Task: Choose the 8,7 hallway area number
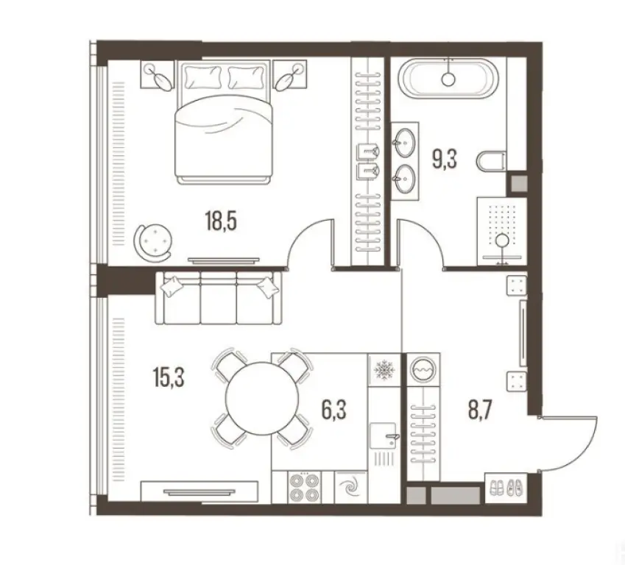click(x=482, y=407)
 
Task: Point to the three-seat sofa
click(x=219, y=297)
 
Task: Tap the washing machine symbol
click(x=423, y=367)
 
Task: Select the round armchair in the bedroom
click(x=154, y=240)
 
